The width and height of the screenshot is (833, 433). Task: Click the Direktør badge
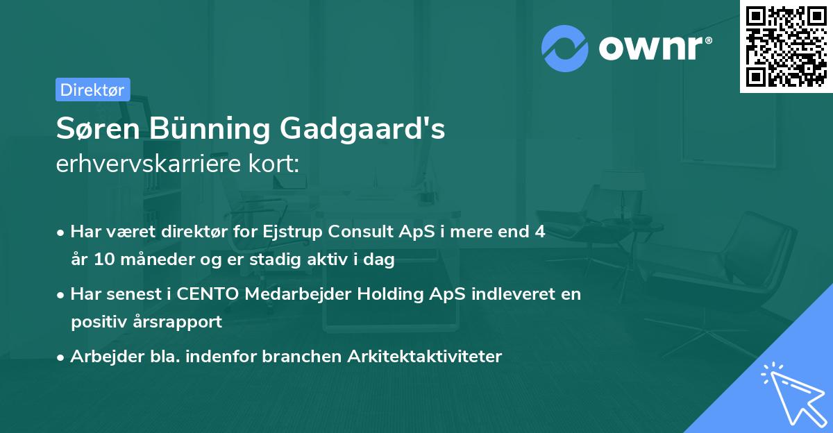click(92, 90)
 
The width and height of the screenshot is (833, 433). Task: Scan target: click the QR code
click(786, 46)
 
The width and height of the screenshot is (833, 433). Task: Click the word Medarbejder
click(292, 294)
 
